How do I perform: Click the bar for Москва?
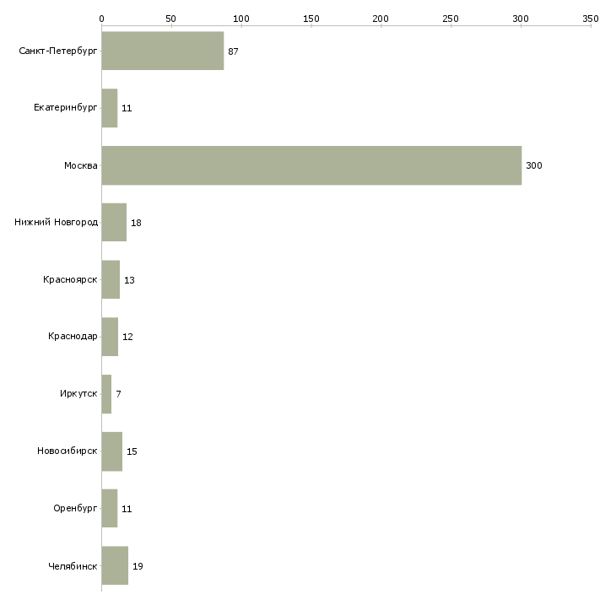311,165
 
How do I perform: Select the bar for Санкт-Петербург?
162,51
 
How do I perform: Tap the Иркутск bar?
106,394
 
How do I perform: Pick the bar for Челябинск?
115,565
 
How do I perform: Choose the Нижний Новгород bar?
114,223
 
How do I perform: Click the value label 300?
533,165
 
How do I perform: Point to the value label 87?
233,51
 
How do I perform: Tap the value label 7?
118,394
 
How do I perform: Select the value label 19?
138,565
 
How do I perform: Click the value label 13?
129,280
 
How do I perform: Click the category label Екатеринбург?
66,108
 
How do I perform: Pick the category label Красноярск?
70,280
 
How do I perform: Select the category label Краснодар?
73,337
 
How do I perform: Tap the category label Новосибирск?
68,451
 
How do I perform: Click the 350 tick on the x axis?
591,18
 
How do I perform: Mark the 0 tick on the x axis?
101,18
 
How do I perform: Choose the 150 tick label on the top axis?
311,18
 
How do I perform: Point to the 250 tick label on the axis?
451,18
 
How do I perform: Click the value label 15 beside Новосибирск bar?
132,451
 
